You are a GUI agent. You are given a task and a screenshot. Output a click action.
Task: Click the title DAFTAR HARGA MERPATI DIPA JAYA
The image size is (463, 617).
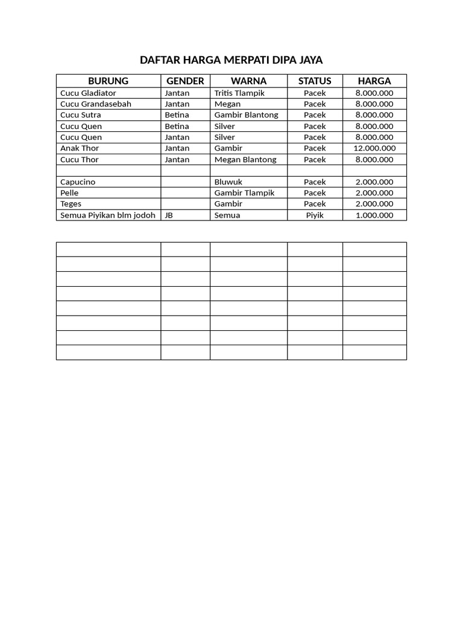pyautogui.click(x=231, y=60)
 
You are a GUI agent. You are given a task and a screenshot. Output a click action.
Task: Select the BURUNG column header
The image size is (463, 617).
pyautogui.click(x=108, y=81)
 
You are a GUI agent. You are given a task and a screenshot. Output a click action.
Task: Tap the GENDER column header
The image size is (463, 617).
pyautogui.click(x=185, y=81)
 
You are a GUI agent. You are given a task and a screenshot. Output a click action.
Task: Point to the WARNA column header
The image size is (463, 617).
pyautogui.click(x=248, y=81)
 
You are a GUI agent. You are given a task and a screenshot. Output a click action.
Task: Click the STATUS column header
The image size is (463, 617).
pyautogui.click(x=315, y=81)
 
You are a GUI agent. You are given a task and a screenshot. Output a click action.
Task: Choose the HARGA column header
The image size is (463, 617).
pyautogui.click(x=374, y=81)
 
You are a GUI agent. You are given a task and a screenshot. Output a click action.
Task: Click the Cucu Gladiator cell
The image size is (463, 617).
pyautogui.click(x=88, y=93)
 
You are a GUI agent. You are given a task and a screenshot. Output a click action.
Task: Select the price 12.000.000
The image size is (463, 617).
pyautogui.click(x=374, y=148)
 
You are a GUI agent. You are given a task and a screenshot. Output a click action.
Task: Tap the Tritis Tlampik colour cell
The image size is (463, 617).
pyautogui.click(x=239, y=93)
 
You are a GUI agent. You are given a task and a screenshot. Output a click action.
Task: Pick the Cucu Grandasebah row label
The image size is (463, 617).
pyautogui.click(x=96, y=104)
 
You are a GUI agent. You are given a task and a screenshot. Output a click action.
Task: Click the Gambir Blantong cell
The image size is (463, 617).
pyautogui.click(x=246, y=115)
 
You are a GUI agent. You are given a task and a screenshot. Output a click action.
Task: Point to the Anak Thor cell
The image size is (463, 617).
pyautogui.click(x=80, y=148)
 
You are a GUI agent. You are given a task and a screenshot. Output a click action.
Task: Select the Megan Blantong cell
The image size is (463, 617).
pyautogui.click(x=245, y=160)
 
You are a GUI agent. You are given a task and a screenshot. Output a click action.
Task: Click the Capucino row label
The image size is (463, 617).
pyautogui.click(x=78, y=182)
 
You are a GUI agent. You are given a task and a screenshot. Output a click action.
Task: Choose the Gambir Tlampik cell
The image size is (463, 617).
pyautogui.click(x=244, y=193)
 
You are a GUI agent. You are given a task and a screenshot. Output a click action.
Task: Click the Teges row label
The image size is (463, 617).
pyautogui.click(x=71, y=204)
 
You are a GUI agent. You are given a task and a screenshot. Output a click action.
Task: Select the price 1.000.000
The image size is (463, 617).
pyautogui.click(x=374, y=215)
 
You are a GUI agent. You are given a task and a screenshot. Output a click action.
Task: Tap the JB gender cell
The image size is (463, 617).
pyautogui.click(x=169, y=215)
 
